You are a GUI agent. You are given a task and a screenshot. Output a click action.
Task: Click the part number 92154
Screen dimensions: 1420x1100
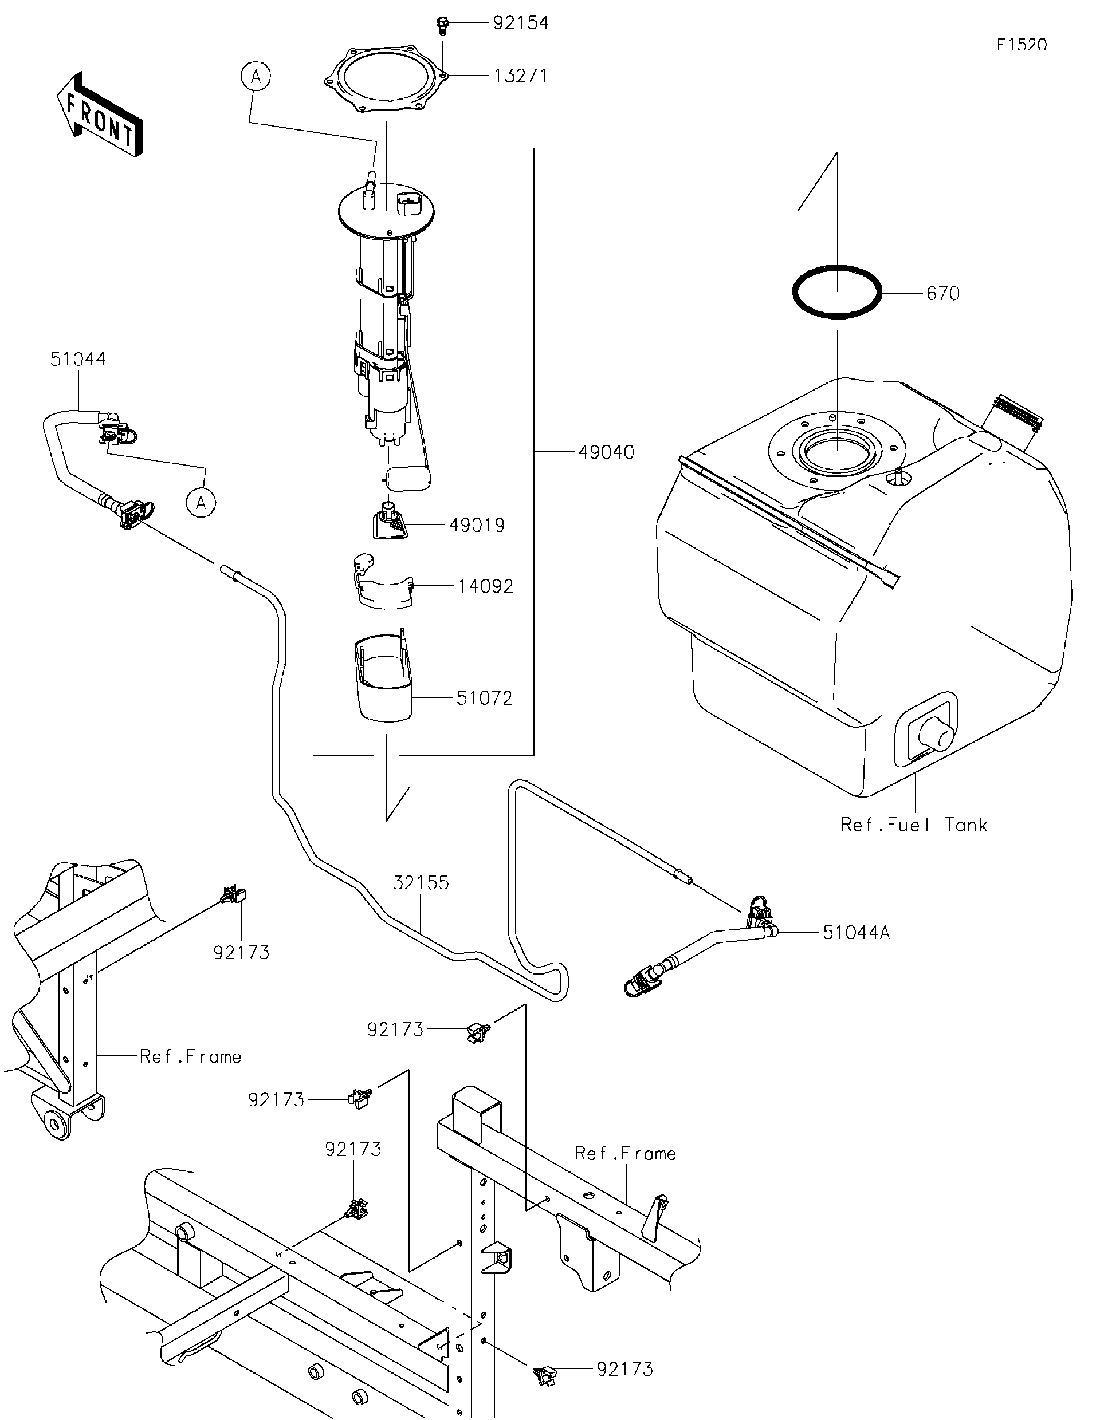[x=520, y=23]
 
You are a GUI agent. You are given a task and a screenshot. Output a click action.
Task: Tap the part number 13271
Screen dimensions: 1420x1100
[x=520, y=77]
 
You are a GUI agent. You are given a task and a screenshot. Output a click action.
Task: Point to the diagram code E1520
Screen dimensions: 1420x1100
[x=1022, y=45]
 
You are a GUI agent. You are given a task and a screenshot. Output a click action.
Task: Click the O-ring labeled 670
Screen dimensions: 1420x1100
[x=836, y=292]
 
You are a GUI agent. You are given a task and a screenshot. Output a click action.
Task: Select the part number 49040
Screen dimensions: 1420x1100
[x=606, y=452]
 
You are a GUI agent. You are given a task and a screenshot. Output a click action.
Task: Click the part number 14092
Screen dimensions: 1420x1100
[x=485, y=586]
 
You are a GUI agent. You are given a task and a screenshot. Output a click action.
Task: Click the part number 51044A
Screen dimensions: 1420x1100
[x=855, y=933]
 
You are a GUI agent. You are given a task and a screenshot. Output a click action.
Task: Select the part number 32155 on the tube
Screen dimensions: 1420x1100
[x=421, y=883]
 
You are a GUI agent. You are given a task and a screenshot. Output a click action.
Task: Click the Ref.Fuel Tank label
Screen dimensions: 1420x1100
[x=913, y=825]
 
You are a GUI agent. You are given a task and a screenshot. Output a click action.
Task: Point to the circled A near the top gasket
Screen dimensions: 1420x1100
[x=256, y=77]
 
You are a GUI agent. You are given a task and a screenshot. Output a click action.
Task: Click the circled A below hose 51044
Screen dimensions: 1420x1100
[x=201, y=503]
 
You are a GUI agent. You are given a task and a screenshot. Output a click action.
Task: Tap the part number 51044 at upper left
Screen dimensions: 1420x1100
[x=78, y=359]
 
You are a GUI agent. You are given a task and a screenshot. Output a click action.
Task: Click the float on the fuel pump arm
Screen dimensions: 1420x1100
[x=409, y=479]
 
